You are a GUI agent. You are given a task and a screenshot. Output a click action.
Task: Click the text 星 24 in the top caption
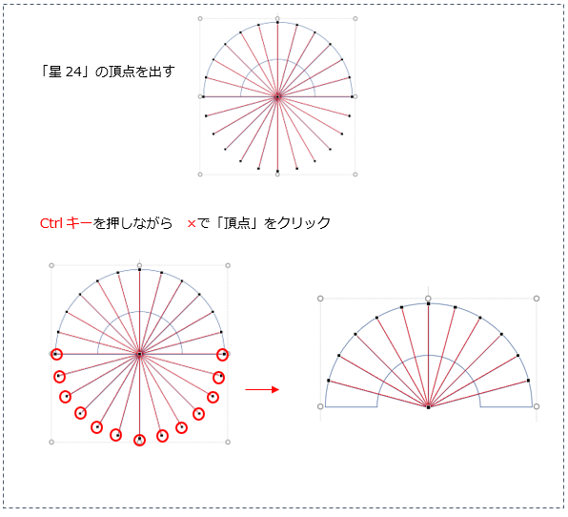66,72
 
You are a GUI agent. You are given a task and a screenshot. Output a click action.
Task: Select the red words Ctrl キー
66,223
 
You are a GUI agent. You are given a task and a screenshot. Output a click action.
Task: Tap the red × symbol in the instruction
192,224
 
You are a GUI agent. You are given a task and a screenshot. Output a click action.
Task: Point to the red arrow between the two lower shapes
262,390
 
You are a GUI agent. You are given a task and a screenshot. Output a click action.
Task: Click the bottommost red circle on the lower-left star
139,440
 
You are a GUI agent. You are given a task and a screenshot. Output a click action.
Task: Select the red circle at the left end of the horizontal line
56,354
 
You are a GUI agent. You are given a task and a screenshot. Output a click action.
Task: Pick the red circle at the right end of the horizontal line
222,355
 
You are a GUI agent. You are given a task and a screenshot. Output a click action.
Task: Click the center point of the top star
277,96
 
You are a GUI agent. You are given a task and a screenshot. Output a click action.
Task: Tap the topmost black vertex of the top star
277,23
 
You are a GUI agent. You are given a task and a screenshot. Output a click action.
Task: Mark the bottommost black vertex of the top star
277,171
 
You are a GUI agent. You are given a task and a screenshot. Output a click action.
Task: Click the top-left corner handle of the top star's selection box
200,18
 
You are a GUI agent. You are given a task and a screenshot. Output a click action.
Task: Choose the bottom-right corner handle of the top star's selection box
355,175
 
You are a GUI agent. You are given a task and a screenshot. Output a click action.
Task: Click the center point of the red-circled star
139,354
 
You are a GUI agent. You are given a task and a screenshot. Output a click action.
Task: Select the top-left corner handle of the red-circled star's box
51,266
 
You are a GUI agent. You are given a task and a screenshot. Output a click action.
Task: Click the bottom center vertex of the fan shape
428,407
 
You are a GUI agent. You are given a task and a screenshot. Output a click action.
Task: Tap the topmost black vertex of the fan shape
428,304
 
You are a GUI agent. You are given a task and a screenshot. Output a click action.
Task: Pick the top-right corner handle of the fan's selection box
537,299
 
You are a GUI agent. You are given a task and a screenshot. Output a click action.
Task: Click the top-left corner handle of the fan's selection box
320,299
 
